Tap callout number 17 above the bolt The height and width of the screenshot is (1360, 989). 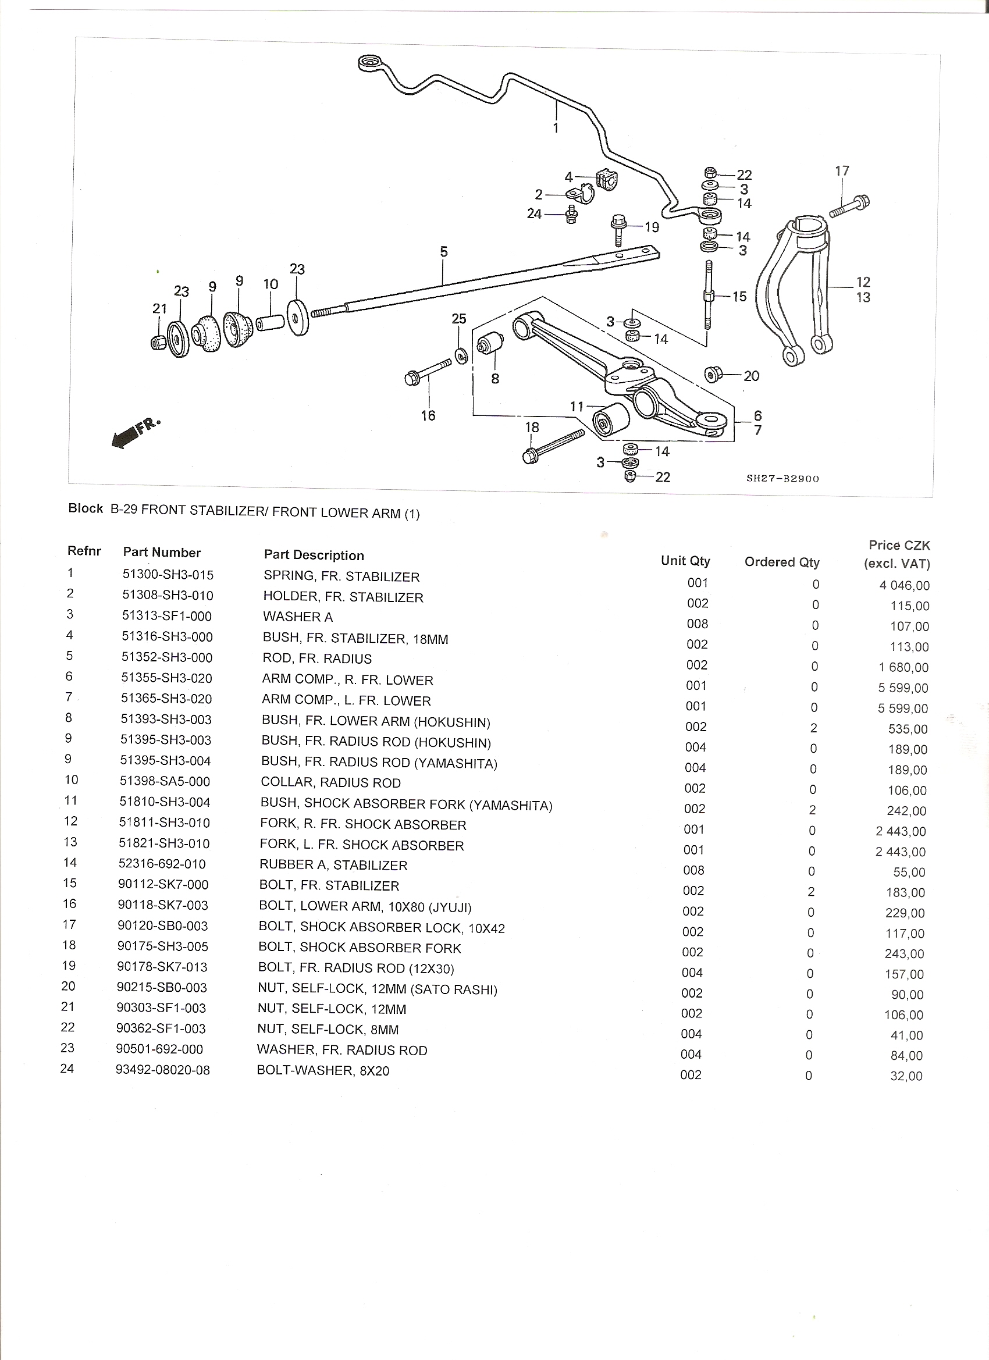tap(842, 171)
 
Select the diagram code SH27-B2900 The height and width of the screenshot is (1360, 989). tap(782, 479)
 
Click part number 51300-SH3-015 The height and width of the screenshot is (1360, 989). tap(168, 575)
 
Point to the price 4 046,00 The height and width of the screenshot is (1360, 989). tap(904, 586)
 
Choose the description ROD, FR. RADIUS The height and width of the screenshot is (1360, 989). tap(317, 658)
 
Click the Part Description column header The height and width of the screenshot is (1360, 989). tap(314, 556)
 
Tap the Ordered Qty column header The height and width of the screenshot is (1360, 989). tap(781, 562)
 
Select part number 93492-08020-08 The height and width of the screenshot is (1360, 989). tap(162, 1070)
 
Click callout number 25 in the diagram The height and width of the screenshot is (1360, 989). tap(459, 318)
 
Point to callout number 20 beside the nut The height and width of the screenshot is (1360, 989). tap(751, 376)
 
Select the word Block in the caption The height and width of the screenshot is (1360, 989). tap(86, 508)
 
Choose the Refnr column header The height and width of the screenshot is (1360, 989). tap(84, 551)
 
